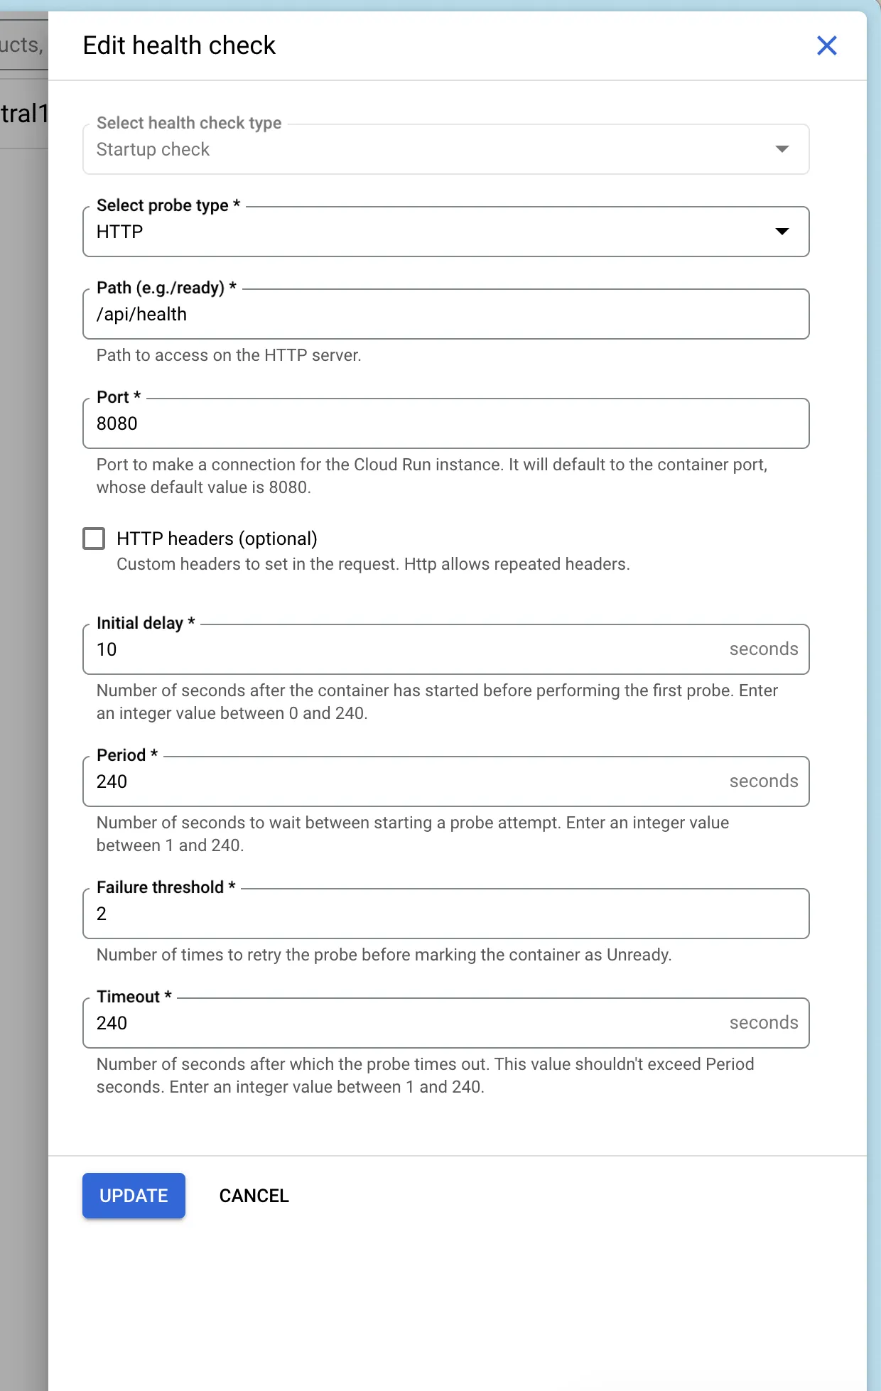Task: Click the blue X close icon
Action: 826,45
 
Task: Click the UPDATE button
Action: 134,1196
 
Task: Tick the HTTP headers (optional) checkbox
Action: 94,538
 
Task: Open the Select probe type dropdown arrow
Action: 782,232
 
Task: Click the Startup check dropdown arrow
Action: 782,149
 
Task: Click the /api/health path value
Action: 142,314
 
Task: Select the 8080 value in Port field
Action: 117,423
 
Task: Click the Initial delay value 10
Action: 107,649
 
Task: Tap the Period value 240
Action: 112,781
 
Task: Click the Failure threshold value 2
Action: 102,914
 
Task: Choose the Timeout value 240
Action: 112,1023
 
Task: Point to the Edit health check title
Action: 179,45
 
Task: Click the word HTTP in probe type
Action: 120,232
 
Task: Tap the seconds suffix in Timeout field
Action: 764,1022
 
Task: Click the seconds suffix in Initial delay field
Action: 764,649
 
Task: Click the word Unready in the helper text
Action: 638,955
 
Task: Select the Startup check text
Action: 153,149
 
